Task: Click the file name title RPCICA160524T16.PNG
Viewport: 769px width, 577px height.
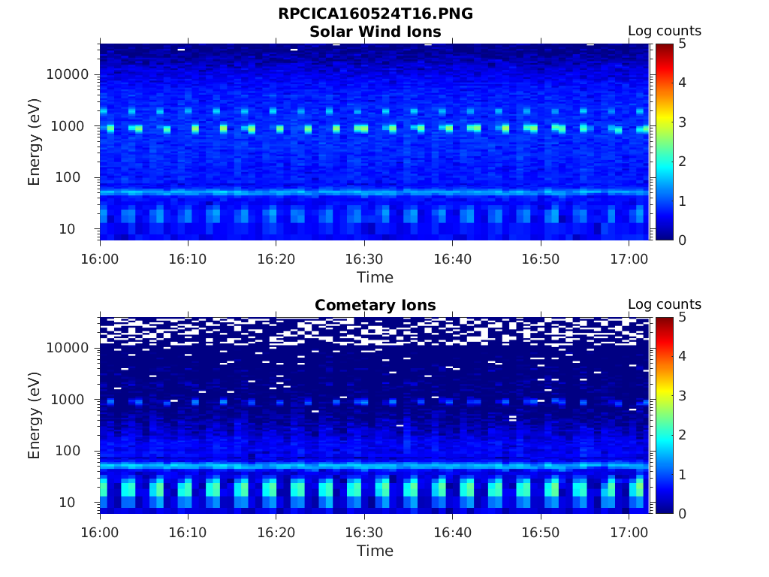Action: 375,14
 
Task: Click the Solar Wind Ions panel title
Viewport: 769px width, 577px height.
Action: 375,32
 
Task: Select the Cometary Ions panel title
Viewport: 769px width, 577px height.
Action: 375,305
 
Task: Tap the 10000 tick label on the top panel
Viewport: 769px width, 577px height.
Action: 68,74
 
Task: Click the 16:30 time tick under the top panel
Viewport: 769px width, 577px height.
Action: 364,259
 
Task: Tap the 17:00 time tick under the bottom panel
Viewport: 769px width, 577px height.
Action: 629,533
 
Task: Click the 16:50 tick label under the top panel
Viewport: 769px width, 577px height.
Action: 541,259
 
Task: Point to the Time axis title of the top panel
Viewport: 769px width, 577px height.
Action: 375,277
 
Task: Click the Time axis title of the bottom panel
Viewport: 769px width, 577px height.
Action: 375,551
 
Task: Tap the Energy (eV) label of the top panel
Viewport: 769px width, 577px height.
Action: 34,141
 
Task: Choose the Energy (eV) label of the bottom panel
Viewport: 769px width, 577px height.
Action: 34,415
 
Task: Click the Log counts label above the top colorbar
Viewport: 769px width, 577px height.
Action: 665,32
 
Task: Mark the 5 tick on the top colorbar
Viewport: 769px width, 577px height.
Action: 682,44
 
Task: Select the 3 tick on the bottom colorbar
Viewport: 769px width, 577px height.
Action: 682,396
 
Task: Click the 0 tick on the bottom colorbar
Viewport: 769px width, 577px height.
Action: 682,514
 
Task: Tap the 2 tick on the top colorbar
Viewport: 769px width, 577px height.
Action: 682,162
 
